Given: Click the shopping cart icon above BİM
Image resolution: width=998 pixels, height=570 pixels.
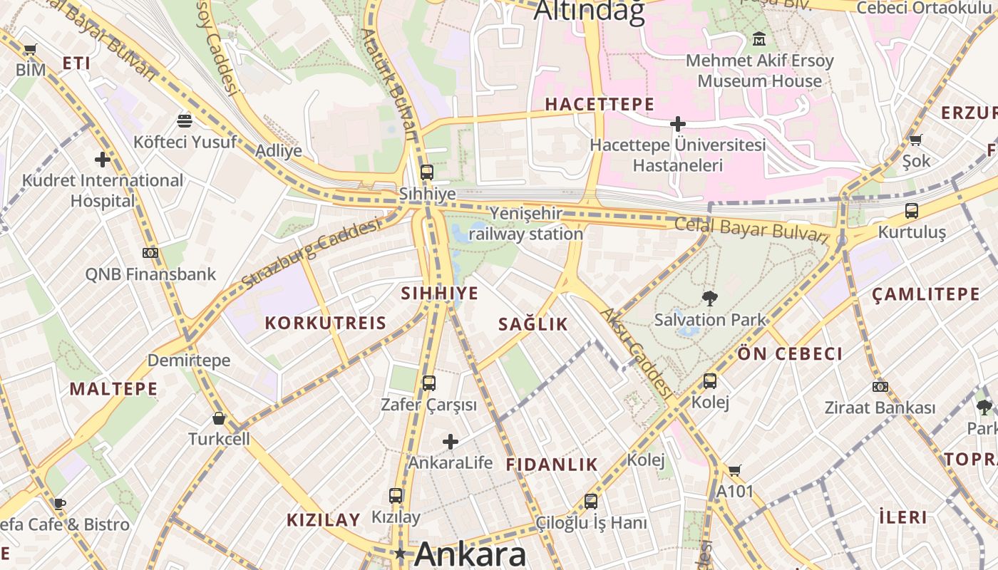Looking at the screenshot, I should [x=30, y=50].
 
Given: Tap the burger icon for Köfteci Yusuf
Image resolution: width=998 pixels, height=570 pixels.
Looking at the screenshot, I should [x=185, y=120].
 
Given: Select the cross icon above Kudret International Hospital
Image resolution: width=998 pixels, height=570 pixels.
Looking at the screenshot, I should [x=103, y=159].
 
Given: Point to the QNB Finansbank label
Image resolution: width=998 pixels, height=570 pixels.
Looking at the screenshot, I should [x=150, y=274].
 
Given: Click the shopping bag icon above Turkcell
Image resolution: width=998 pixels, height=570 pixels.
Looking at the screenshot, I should [x=219, y=418].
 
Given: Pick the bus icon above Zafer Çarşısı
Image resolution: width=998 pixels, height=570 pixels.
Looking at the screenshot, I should [x=428, y=383].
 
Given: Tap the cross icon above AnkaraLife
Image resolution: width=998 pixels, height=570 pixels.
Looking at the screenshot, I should [x=451, y=442].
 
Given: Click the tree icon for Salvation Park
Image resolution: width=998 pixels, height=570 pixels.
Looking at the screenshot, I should [x=710, y=299].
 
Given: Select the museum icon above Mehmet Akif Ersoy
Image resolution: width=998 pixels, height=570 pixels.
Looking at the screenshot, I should [x=759, y=38].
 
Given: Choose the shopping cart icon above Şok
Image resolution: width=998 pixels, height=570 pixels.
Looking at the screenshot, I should [x=916, y=140].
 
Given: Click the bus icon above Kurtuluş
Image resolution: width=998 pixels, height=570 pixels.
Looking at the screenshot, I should [x=912, y=211].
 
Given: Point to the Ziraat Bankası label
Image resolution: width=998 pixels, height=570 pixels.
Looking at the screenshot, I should [x=880, y=408].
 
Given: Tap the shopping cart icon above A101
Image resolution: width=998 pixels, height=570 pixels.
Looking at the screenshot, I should [x=734, y=470].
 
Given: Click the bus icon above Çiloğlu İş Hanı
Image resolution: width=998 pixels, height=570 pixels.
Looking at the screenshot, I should [x=591, y=502].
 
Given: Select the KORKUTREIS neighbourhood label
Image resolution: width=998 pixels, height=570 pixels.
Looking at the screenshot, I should [x=325, y=323].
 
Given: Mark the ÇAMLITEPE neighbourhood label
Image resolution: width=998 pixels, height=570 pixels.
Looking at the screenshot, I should [x=925, y=294].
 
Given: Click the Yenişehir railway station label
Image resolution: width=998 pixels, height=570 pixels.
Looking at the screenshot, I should [x=526, y=224].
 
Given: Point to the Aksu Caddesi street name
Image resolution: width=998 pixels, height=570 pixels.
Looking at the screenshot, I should [x=636, y=353].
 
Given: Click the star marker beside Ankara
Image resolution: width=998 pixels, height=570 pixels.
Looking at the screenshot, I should [x=401, y=554].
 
